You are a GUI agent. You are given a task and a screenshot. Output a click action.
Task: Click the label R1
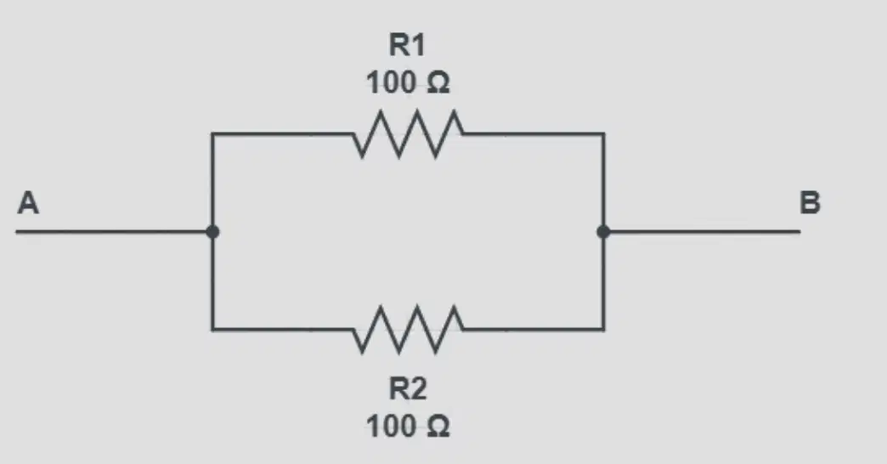(407, 45)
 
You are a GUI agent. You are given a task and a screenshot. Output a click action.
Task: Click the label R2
(407, 388)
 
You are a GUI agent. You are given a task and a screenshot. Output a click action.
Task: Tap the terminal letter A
(28, 202)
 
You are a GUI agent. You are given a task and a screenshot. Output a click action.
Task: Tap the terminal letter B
(810, 202)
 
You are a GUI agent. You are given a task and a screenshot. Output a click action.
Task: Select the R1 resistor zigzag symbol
(408, 134)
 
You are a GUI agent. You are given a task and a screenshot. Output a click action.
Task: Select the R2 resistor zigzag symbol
(408, 330)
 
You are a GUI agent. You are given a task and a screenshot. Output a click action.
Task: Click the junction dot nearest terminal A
(212, 231)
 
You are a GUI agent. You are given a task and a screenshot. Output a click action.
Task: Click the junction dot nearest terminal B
(603, 231)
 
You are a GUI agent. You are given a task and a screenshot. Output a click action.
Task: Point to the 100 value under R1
(391, 82)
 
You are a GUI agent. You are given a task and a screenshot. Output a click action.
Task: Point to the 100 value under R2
(391, 426)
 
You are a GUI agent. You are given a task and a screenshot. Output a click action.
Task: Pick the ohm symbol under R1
(438, 82)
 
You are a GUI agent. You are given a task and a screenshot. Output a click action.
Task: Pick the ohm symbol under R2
(438, 426)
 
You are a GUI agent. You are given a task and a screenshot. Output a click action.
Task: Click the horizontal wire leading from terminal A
(114, 231)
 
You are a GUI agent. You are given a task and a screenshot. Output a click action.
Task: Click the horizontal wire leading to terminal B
(702, 231)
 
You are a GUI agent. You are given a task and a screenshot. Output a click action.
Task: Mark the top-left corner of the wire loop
(212, 134)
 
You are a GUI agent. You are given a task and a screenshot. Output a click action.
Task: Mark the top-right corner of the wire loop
(603, 134)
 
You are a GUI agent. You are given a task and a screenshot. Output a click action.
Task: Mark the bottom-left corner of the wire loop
(212, 330)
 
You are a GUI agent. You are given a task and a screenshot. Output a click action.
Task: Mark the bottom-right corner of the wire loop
(603, 330)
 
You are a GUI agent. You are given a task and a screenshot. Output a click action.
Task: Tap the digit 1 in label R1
(418, 45)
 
